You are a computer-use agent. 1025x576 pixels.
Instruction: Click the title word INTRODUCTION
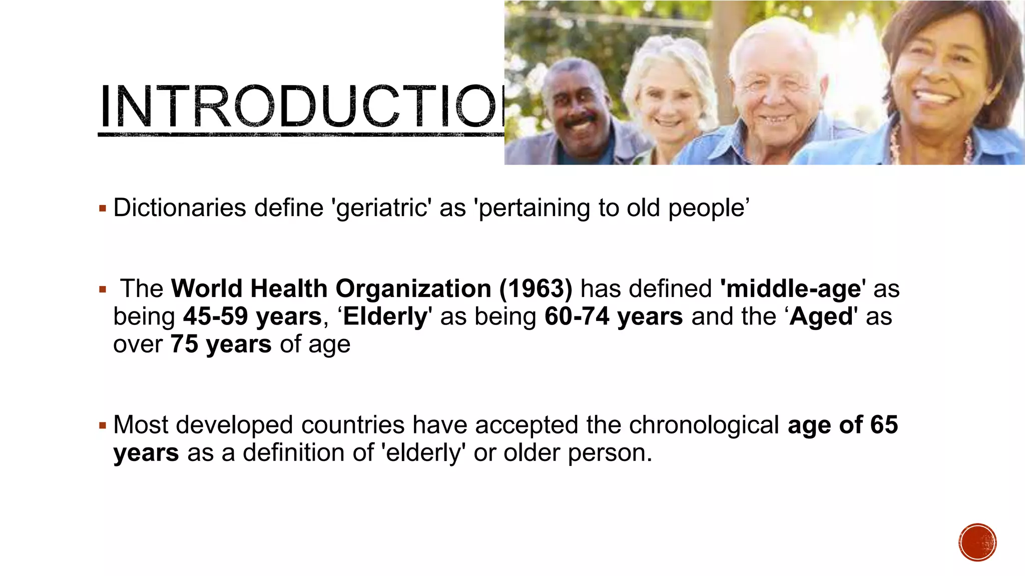click(x=300, y=106)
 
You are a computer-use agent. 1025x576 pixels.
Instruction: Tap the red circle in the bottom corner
click(x=977, y=542)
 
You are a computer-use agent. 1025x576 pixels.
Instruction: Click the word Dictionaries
click(x=180, y=208)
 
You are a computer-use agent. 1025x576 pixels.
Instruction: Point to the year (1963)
click(x=536, y=289)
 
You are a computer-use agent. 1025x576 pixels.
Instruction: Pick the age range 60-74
click(x=577, y=316)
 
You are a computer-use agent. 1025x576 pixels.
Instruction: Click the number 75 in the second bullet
click(x=184, y=344)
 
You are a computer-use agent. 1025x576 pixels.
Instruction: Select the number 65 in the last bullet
click(x=884, y=425)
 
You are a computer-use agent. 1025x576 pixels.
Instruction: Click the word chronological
click(x=704, y=425)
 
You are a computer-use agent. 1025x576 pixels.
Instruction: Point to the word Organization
click(x=413, y=289)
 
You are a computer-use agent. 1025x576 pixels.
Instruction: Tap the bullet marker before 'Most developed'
click(x=103, y=426)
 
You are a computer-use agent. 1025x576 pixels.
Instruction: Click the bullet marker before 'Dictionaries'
click(x=103, y=208)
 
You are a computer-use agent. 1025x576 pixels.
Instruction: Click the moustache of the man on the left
click(x=581, y=120)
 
